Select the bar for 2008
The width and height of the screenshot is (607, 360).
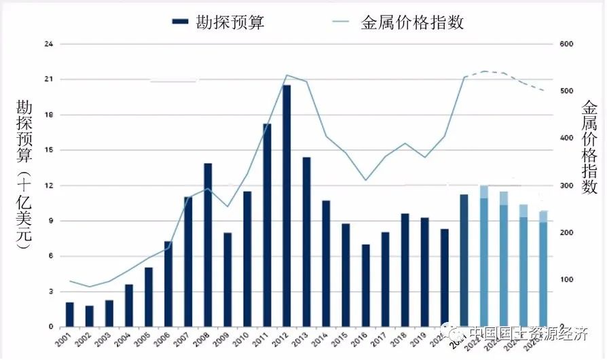click(208, 245)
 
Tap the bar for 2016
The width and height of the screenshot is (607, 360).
click(365, 285)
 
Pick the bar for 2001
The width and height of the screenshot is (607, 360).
click(69, 314)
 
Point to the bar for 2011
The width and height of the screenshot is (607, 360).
click(267, 225)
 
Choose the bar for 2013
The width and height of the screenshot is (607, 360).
click(306, 241)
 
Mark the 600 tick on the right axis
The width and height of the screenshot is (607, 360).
click(568, 44)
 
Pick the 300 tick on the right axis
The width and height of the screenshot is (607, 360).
click(568, 185)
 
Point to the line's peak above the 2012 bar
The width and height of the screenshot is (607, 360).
click(287, 75)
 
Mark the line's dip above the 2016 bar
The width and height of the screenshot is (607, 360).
click(365, 180)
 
